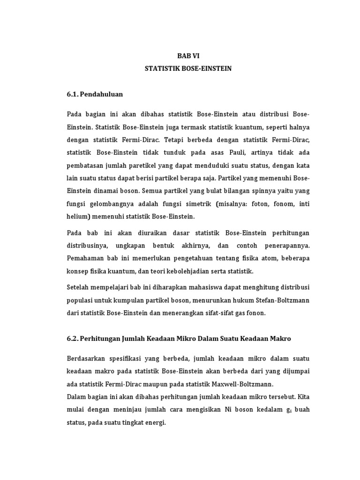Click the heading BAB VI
click(x=188, y=55)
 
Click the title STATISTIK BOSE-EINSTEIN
click(x=188, y=68)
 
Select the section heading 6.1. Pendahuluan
click(x=95, y=94)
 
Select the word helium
click(x=77, y=217)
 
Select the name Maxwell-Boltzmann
click(x=245, y=384)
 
